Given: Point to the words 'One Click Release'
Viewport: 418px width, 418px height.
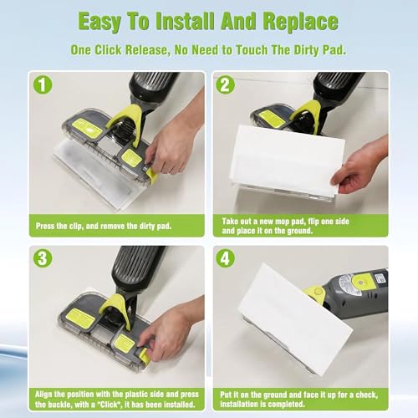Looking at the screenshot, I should (123, 50).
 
